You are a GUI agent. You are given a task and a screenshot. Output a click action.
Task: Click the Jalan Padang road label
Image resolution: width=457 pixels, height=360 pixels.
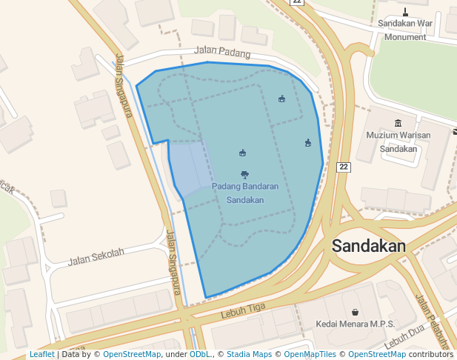pyautogui.click(x=222, y=53)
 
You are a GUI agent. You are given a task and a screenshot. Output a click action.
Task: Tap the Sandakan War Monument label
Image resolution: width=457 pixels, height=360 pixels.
pyautogui.click(x=405, y=30)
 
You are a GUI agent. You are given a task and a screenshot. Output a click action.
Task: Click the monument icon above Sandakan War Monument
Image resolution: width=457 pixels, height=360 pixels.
pyautogui.click(x=405, y=11)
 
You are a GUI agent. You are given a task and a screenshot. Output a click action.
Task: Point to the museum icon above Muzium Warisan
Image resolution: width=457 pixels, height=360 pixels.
pyautogui.click(x=398, y=123)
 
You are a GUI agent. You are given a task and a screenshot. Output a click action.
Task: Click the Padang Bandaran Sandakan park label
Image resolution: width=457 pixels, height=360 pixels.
pyautogui.click(x=245, y=193)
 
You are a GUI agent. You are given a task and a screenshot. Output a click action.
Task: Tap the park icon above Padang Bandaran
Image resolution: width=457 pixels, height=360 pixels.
pyautogui.click(x=245, y=175)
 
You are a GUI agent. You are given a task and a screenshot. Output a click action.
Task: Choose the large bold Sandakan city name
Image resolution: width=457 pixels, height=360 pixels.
pyautogui.click(x=369, y=247)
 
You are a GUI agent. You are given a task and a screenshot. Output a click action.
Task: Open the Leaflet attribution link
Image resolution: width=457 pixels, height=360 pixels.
pyautogui.click(x=41, y=355)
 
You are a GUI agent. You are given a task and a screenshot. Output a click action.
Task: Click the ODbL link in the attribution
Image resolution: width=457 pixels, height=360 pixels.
pyautogui.click(x=200, y=355)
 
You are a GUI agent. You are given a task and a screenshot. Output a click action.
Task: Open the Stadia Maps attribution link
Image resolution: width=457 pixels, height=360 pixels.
pyautogui.click(x=249, y=355)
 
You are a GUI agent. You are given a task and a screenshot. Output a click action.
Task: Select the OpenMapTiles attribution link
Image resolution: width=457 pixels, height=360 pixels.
pyautogui.click(x=312, y=355)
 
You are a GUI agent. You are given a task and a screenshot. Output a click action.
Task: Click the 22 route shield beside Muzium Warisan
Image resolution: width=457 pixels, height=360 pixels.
pyautogui.click(x=344, y=167)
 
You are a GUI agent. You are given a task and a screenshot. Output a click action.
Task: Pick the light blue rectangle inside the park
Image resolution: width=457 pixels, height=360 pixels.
pyautogui.click(x=188, y=168)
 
